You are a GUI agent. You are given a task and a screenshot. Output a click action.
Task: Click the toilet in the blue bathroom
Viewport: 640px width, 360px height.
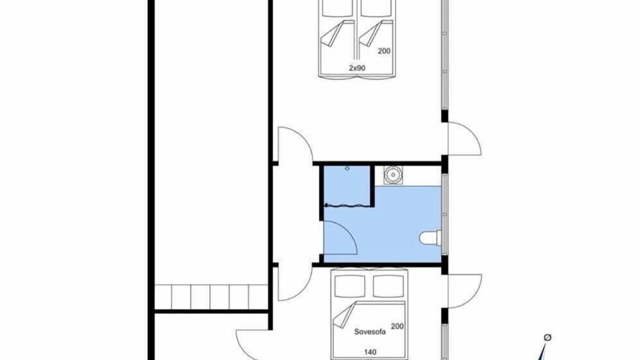[431, 238]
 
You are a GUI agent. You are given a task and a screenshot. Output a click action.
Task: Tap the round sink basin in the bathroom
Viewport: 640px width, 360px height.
[393, 175]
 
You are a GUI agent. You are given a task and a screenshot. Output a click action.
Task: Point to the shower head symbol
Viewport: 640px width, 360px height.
[347, 168]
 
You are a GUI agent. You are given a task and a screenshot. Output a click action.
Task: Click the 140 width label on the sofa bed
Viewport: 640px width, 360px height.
[370, 352]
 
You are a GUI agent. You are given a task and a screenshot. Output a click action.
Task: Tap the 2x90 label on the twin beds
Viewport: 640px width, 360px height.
[357, 68]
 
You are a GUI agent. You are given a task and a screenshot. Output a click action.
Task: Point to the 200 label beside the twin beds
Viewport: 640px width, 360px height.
[384, 51]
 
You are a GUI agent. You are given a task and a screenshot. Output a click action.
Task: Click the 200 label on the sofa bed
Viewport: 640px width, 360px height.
[397, 326]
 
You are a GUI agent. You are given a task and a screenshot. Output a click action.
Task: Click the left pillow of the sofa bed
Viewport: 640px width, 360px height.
[350, 286]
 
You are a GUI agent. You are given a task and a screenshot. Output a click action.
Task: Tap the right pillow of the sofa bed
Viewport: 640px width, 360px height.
[388, 286]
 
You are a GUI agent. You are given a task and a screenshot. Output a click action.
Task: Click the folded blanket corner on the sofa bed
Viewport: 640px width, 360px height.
[345, 315]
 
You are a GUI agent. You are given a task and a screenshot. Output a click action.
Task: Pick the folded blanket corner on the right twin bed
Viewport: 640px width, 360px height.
[371, 33]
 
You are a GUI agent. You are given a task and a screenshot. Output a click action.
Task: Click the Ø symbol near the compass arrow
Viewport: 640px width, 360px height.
[547, 337]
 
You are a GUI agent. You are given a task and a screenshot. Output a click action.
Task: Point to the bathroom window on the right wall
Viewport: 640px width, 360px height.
[444, 214]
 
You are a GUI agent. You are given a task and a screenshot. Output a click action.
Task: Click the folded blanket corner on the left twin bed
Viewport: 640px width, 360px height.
[333, 33]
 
